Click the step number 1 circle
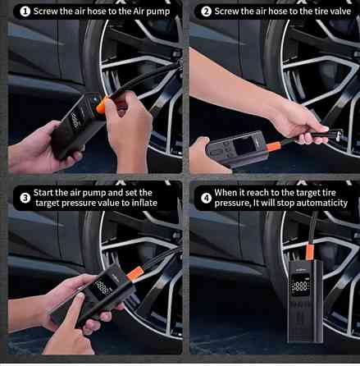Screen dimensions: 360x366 tap(25, 11)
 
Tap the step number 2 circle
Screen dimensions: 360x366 tap(206, 11)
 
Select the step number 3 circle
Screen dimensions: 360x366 tap(25, 198)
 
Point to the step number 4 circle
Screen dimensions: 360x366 tap(206, 198)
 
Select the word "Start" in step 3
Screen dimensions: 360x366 tap(43, 193)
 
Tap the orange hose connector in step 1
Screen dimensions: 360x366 tap(102, 105)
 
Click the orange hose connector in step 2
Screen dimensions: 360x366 tap(274, 146)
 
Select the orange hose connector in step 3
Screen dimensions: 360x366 tap(135, 273)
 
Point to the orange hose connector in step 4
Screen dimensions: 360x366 tap(309, 252)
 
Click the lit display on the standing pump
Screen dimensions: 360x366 tap(301, 286)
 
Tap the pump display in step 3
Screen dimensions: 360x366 tap(102, 288)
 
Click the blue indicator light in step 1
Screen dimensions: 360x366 tap(95, 100)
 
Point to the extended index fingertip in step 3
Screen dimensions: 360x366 tap(80, 296)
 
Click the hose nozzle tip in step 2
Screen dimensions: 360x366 tap(339, 134)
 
